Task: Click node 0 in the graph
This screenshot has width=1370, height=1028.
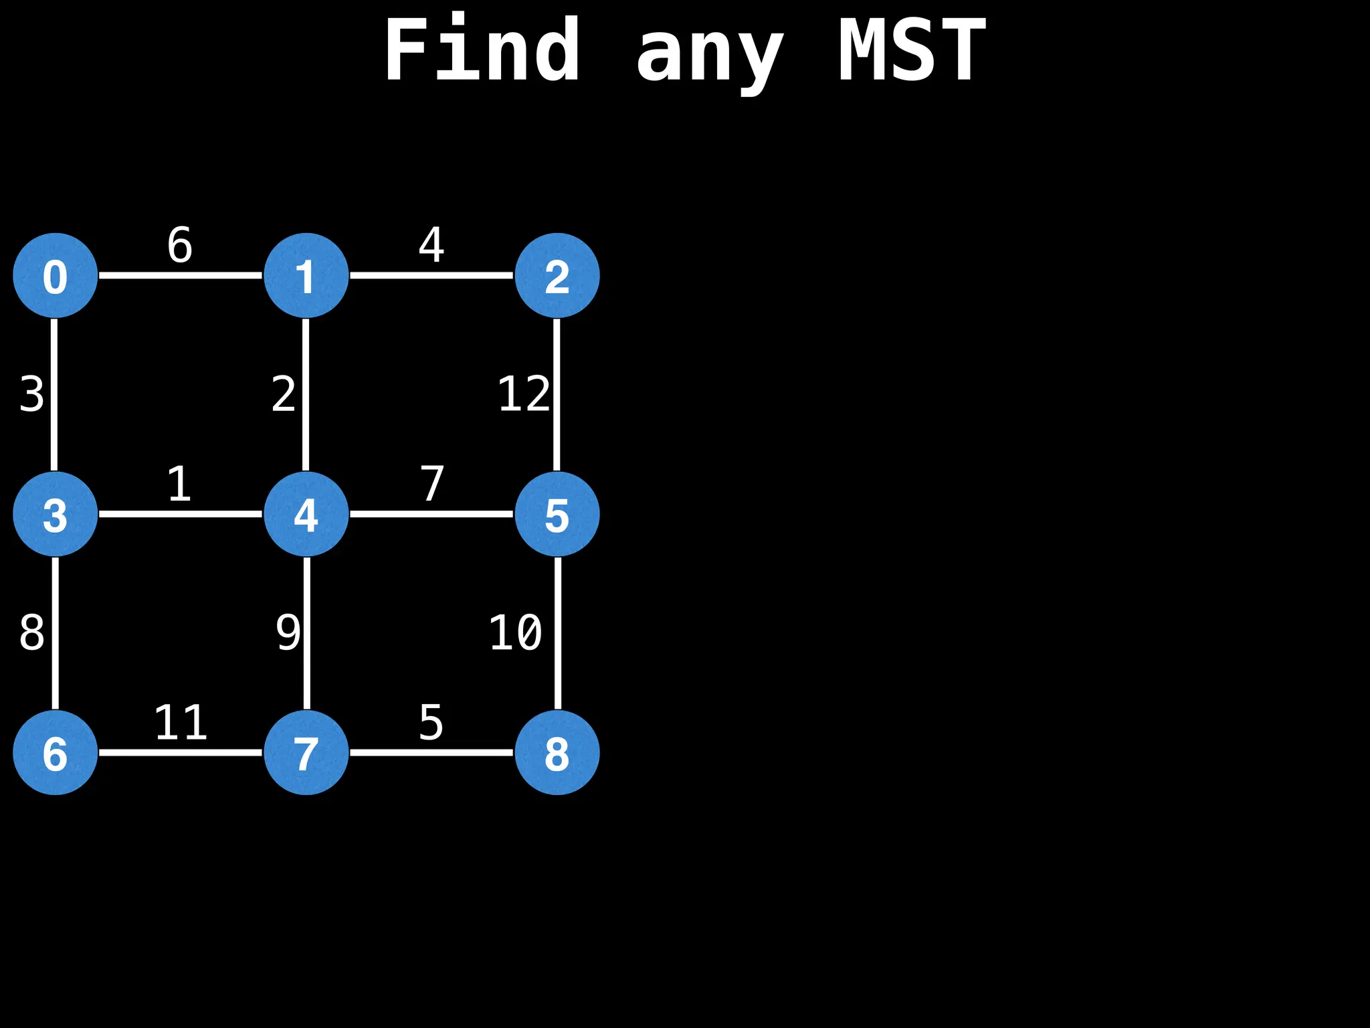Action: point(56,275)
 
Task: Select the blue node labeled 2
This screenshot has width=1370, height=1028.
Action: point(557,275)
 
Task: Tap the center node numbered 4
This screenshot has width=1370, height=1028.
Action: point(306,514)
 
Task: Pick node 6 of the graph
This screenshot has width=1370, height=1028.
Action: point(56,752)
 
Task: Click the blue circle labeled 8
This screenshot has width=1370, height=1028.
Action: point(557,752)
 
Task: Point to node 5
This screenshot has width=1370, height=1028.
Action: point(557,514)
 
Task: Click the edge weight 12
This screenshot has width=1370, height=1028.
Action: point(524,394)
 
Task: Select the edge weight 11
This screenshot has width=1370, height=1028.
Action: point(181,723)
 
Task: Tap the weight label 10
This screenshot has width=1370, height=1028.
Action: point(515,633)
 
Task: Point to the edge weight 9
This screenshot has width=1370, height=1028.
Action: point(288,633)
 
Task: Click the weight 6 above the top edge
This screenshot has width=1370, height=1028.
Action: point(180,245)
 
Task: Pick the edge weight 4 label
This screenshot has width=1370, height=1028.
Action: point(431,245)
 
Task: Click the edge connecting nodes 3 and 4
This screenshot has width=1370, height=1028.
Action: point(181,514)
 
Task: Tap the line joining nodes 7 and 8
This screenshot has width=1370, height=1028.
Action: point(431,752)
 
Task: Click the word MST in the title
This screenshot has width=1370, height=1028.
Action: point(912,50)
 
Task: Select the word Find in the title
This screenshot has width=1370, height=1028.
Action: point(482,50)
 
